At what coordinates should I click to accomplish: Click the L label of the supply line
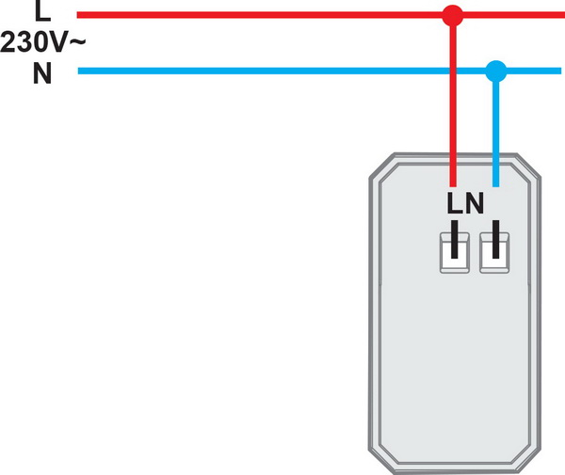(x=40, y=12)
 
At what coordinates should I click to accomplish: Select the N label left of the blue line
(x=41, y=73)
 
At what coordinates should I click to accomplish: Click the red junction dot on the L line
(x=453, y=15)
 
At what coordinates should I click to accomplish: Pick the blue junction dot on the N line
(x=495, y=71)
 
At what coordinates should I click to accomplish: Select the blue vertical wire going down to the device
(x=495, y=132)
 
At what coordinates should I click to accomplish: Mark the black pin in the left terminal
(x=453, y=241)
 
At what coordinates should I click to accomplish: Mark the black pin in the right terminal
(x=493, y=241)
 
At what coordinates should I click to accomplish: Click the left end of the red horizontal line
(x=79, y=15)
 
